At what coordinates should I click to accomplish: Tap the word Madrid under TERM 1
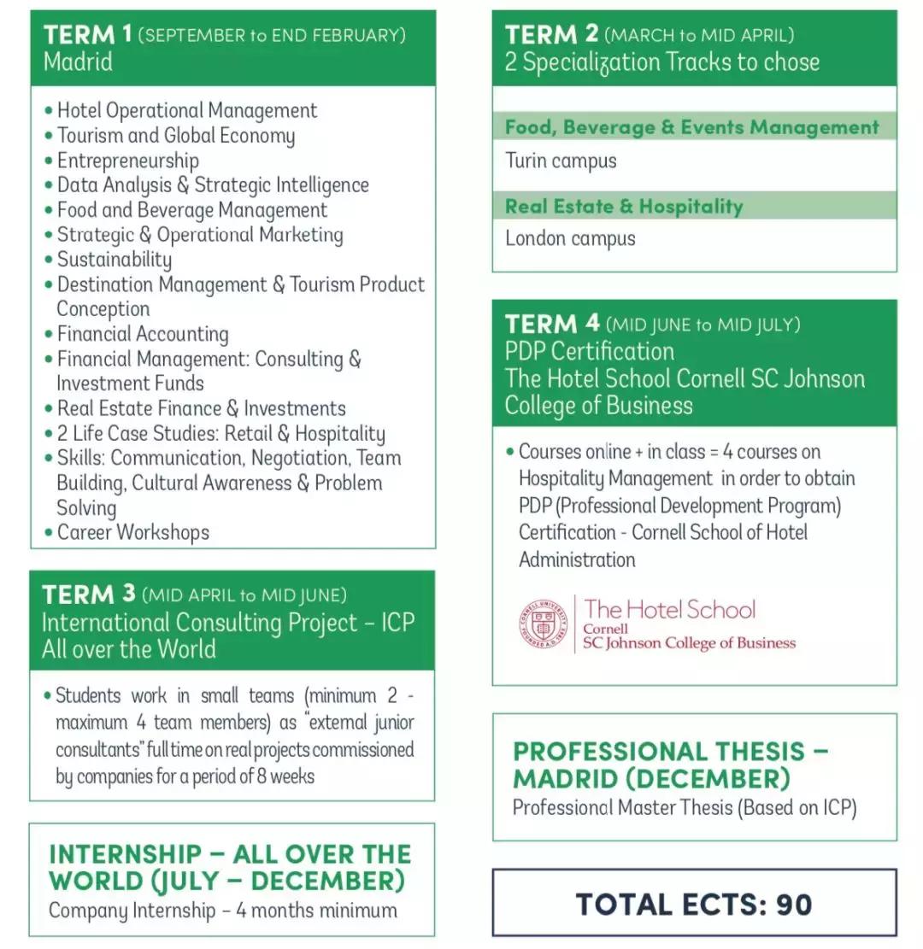[x=78, y=62]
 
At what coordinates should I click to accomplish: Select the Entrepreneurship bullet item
[x=127, y=161]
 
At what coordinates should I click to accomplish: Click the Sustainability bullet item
[x=114, y=260]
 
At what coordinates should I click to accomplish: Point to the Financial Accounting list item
[x=143, y=334]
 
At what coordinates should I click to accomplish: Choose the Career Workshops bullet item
[x=132, y=532]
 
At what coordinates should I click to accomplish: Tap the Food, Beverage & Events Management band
[x=691, y=127]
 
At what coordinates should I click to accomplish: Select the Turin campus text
[x=561, y=161]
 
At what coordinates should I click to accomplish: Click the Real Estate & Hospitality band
[x=624, y=206]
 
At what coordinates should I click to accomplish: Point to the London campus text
[x=570, y=238]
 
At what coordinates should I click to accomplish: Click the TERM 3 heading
[x=89, y=595]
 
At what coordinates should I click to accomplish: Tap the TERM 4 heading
[x=552, y=325]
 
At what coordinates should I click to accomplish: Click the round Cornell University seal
[x=543, y=624]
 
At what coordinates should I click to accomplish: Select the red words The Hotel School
[x=670, y=610]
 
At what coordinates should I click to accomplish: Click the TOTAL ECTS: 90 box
[x=694, y=904]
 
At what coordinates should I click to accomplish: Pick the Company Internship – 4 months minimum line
[x=222, y=910]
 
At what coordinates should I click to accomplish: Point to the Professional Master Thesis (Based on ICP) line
[x=684, y=807]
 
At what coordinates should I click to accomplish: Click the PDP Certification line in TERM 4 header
[x=589, y=351]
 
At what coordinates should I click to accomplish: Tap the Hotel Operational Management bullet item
[x=186, y=111]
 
